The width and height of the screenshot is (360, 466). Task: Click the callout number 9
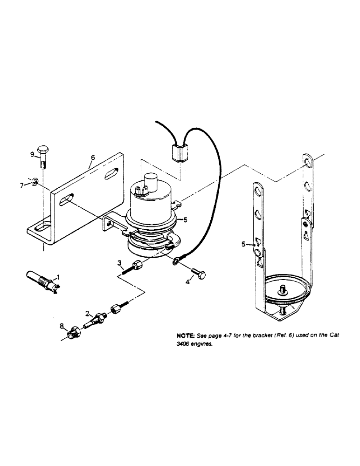coord(32,154)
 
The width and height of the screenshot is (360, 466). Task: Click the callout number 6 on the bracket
coord(93,158)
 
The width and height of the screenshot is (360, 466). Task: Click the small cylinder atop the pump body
coord(150,181)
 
